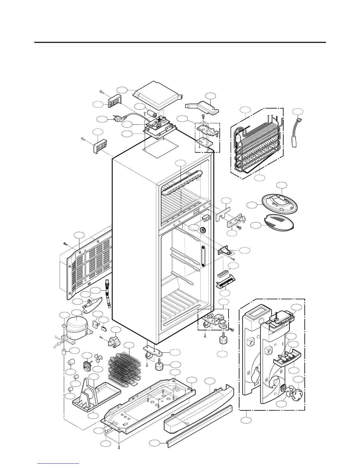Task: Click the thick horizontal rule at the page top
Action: tap(180, 42)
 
